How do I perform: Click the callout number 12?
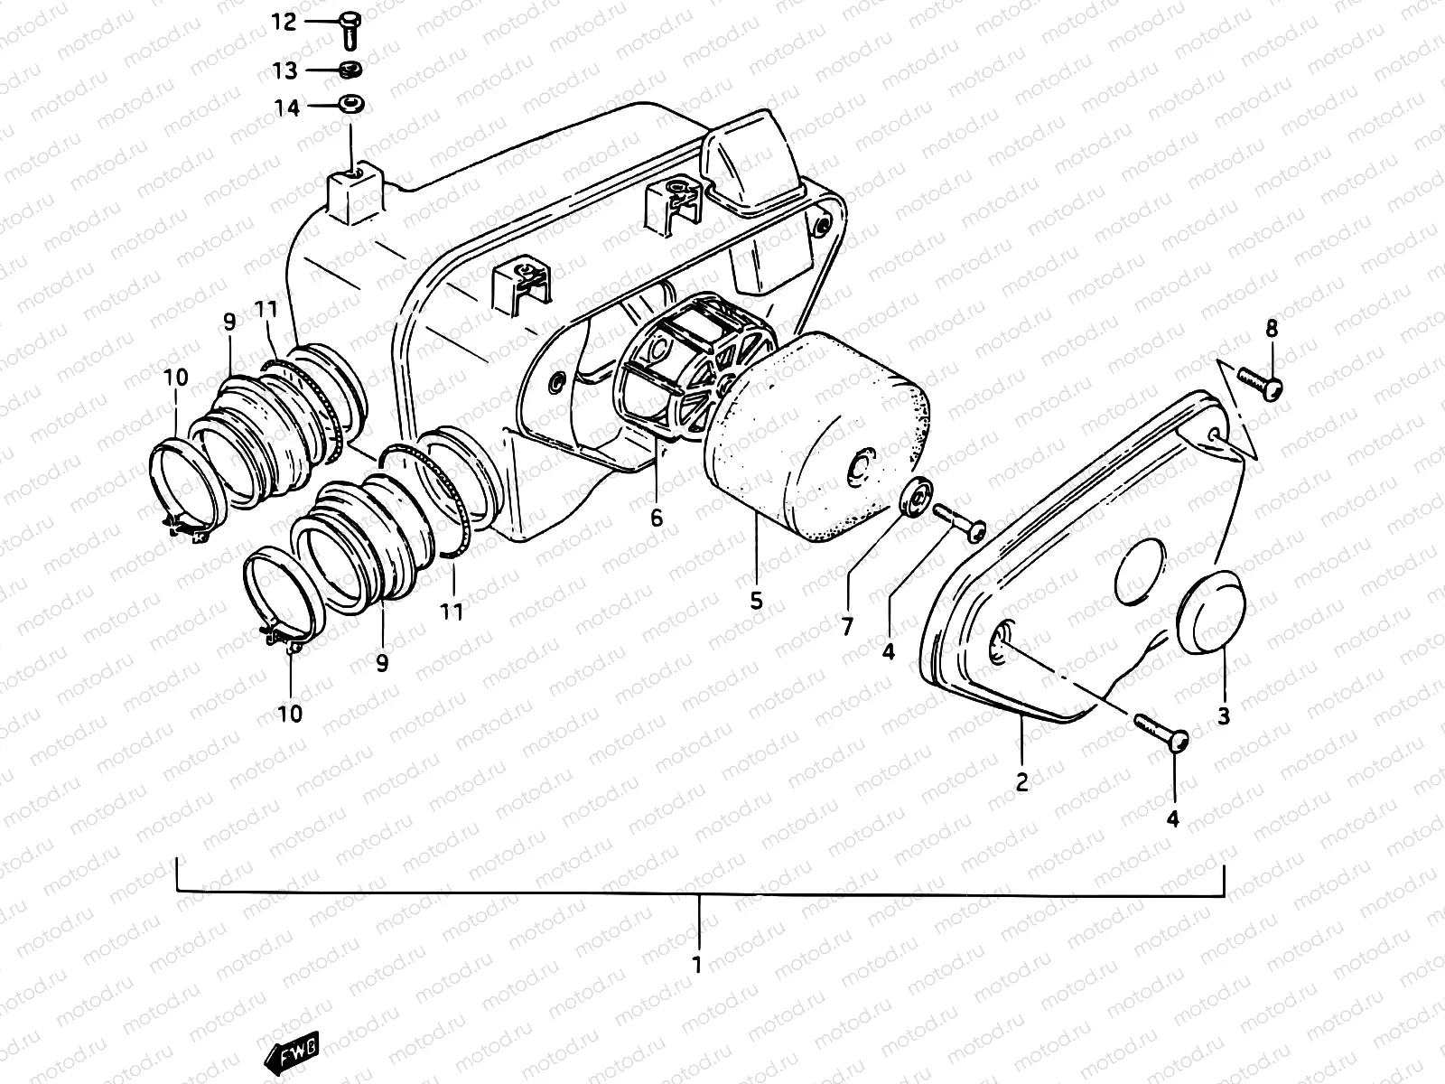284,22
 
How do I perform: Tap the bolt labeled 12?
351,27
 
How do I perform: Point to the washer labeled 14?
350,105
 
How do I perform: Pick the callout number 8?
1271,330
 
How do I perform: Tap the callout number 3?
1224,717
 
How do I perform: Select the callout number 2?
1021,782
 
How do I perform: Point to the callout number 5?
756,599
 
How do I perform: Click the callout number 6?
657,518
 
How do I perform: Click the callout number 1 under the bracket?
696,964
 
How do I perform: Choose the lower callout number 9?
382,663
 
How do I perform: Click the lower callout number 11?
452,612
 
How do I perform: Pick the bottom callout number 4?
1172,819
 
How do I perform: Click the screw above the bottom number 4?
1160,732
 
